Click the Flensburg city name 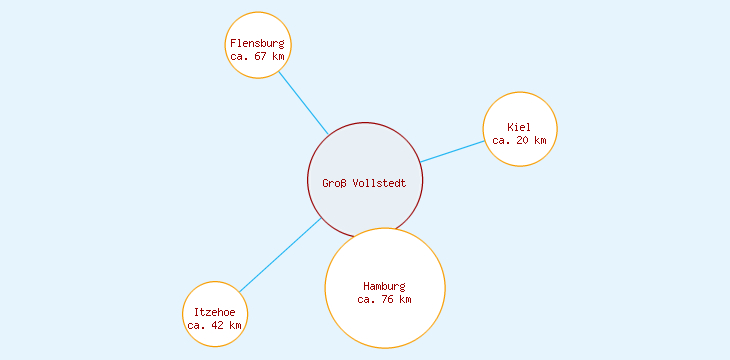(x=257, y=43)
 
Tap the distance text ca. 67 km (x=257, y=57)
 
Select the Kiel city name (x=519, y=127)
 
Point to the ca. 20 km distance (x=519, y=140)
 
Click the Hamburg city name (x=384, y=286)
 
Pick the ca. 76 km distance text (x=384, y=299)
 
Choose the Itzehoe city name (x=214, y=312)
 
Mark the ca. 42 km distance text (x=214, y=325)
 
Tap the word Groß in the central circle (x=333, y=183)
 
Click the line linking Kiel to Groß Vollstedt (x=452, y=151)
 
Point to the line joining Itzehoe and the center (x=279, y=255)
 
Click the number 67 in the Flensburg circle (x=261, y=57)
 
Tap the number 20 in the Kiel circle (x=523, y=140)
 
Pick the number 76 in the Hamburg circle (x=388, y=299)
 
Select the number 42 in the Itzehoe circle (x=218, y=325)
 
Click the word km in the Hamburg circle (x=404, y=299)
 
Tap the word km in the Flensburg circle (x=278, y=57)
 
